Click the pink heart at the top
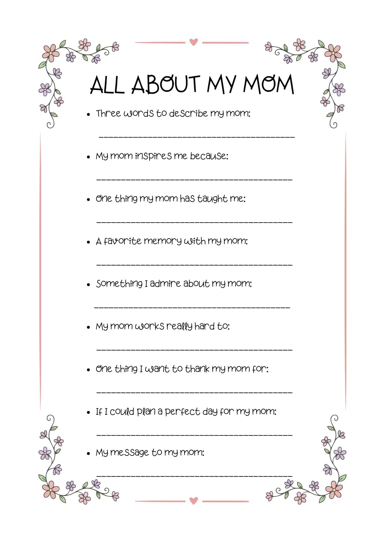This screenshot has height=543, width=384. tap(193, 42)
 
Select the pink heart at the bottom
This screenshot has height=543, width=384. tap(193, 500)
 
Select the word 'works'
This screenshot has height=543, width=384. tap(149, 326)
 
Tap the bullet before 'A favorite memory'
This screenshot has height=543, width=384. tap(88, 242)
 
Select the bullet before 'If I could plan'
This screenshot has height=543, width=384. tap(88, 412)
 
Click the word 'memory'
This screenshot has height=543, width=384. tap(162, 241)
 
